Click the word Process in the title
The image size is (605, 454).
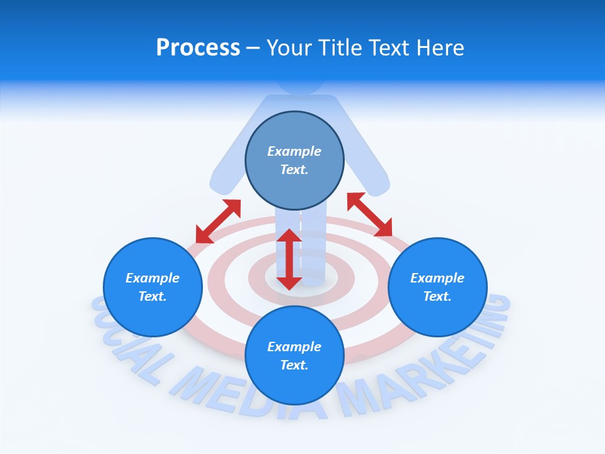[198, 48]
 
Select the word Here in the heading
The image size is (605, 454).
[439, 48]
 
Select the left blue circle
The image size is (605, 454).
[153, 288]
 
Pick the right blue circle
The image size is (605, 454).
[437, 288]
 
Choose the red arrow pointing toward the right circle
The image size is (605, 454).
[369, 214]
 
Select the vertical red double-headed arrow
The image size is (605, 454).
[289, 259]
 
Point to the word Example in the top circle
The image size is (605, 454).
[294, 151]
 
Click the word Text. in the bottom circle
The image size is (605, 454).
[294, 365]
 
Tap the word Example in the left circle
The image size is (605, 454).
[153, 278]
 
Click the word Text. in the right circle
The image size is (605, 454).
[437, 296]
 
